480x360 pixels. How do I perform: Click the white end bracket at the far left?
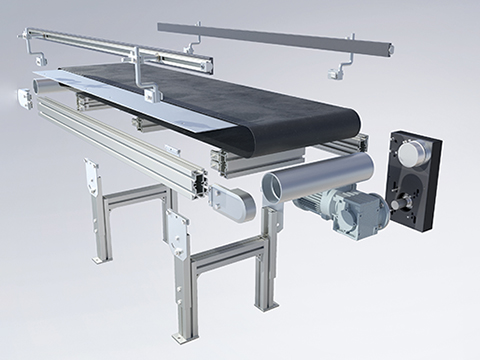24,98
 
